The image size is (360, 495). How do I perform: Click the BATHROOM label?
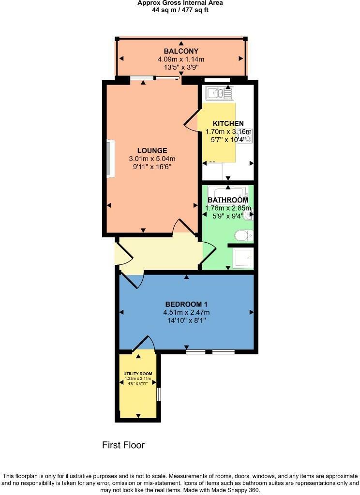228,200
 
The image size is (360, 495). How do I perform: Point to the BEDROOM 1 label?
186,304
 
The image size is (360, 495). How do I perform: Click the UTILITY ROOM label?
138,374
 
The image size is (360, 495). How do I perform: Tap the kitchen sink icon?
219,92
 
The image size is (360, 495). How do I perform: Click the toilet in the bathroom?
243,235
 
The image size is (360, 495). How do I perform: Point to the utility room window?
158,394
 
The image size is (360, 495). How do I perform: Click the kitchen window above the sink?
217,80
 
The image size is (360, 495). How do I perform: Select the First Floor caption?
123,445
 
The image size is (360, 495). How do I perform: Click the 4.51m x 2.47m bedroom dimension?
186,312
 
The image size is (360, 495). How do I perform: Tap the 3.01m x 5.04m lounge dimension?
152,159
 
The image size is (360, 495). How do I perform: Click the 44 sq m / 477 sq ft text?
180,9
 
